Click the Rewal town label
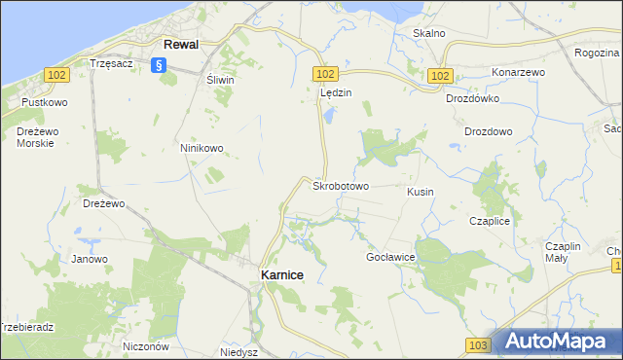click(181, 45)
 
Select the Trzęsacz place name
click(110, 62)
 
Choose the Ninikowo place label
click(202, 148)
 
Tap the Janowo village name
click(90, 259)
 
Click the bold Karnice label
click(282, 275)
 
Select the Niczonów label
click(147, 345)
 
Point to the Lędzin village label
click(335, 93)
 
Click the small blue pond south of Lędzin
click(328, 116)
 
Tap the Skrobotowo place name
click(340, 185)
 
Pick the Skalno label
click(429, 33)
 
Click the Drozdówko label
click(472, 98)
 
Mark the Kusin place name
click(421, 192)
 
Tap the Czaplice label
click(490, 221)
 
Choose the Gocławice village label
click(390, 256)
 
